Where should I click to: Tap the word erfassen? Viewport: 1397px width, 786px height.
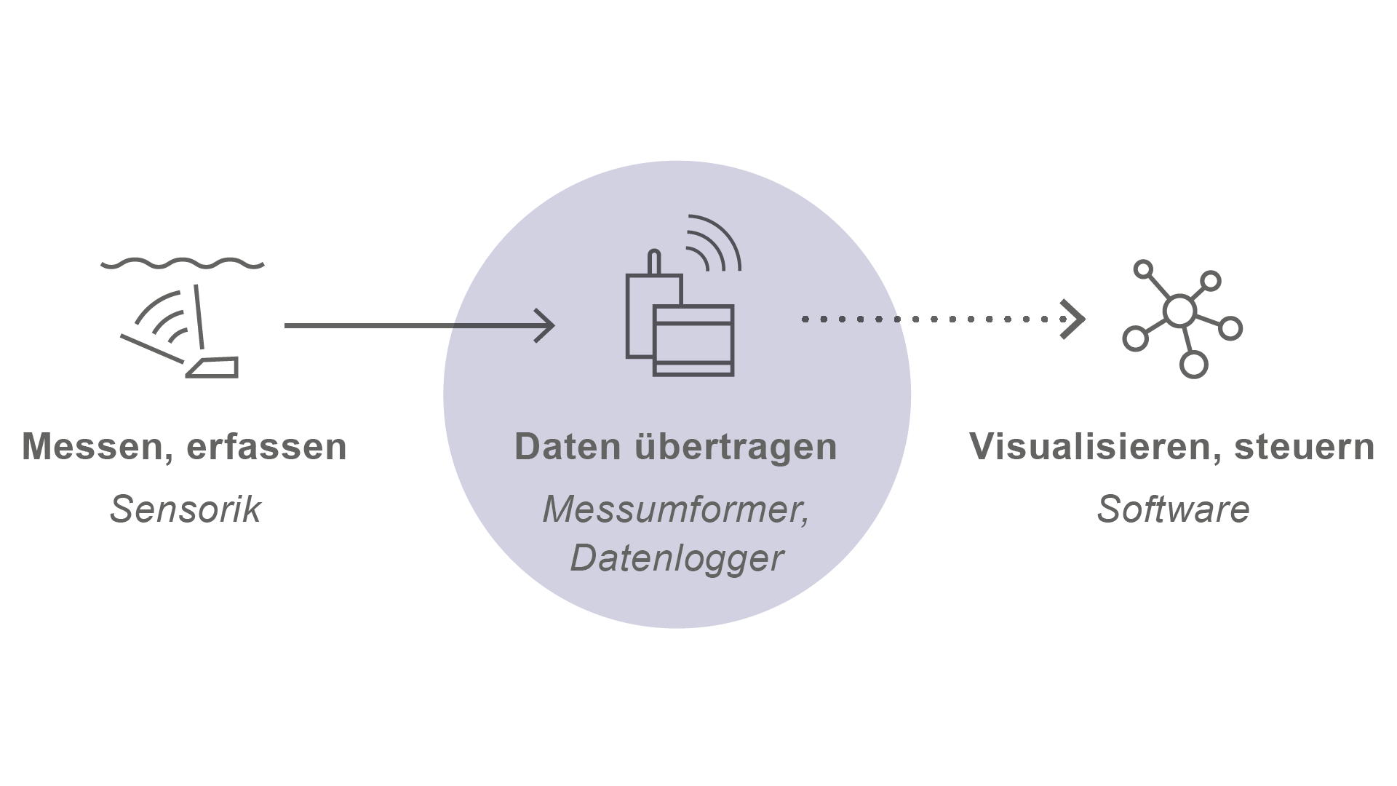coord(267,447)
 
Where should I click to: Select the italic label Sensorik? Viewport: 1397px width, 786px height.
coord(185,509)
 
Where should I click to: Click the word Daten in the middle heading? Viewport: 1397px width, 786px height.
coord(567,447)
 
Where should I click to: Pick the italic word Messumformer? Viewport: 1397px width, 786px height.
coord(675,509)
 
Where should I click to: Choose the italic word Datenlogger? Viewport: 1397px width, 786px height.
coord(677,558)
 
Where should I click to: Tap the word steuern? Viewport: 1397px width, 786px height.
coord(1304,447)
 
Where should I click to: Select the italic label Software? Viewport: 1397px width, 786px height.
coord(1173,509)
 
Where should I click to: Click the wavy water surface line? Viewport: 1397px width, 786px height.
coord(183,263)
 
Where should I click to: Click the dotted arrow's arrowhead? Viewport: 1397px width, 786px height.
coord(1074,319)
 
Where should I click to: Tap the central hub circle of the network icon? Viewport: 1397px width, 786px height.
coord(1179,311)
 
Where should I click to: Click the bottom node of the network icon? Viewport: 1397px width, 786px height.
coord(1193,364)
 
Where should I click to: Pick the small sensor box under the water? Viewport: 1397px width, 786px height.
coord(214,368)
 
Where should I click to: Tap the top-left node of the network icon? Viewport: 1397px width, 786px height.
coord(1144,270)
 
